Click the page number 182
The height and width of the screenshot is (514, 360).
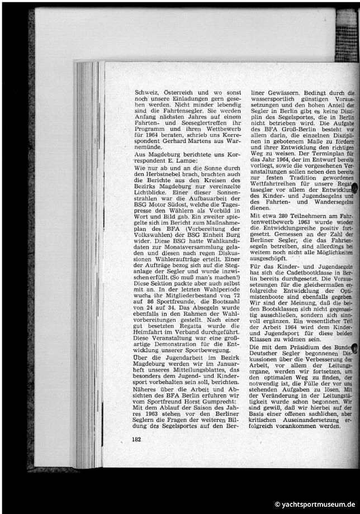pos(136,440)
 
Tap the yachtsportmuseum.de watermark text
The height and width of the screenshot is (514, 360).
pos(316,505)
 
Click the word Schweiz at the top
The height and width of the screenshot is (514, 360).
pos(147,92)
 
